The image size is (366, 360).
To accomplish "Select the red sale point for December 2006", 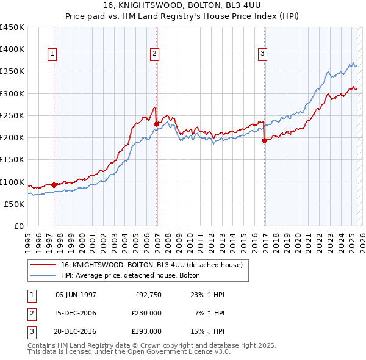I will coord(157,124).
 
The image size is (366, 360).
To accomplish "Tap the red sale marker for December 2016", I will coord(265,140).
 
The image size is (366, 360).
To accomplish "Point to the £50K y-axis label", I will coord(15,204).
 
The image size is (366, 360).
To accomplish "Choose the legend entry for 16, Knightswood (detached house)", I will coord(152,265).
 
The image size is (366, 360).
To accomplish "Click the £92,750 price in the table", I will coord(148,295).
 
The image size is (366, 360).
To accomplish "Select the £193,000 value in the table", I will coord(147,331).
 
